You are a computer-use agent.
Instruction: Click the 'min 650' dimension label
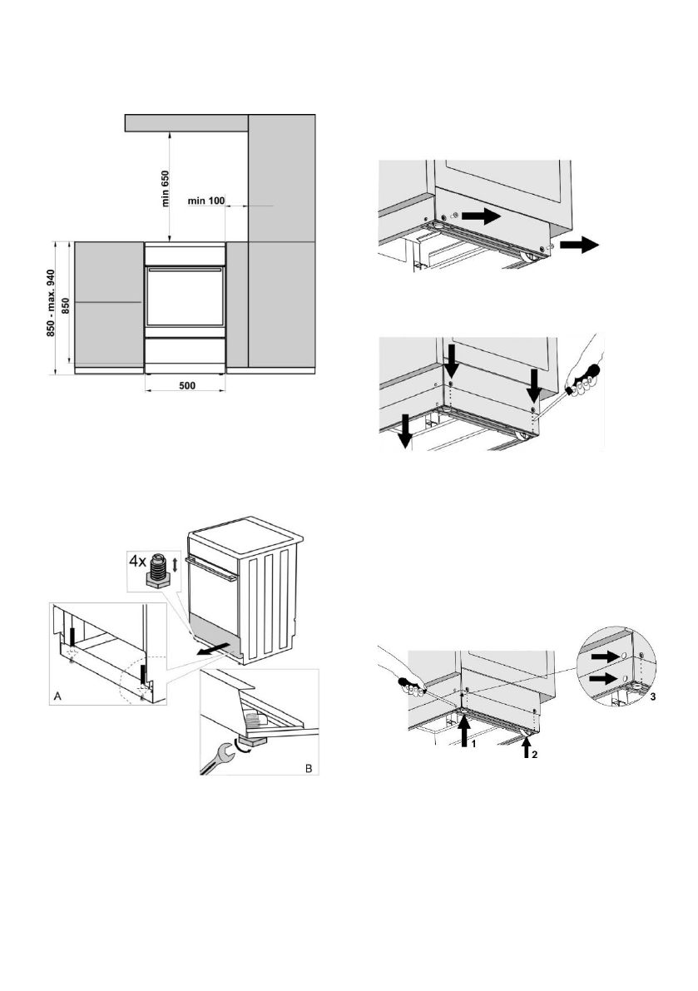click(166, 188)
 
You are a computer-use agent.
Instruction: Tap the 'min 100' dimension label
click(207, 200)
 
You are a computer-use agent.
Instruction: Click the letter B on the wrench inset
click(308, 767)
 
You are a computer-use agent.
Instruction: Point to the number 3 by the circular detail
click(653, 697)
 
